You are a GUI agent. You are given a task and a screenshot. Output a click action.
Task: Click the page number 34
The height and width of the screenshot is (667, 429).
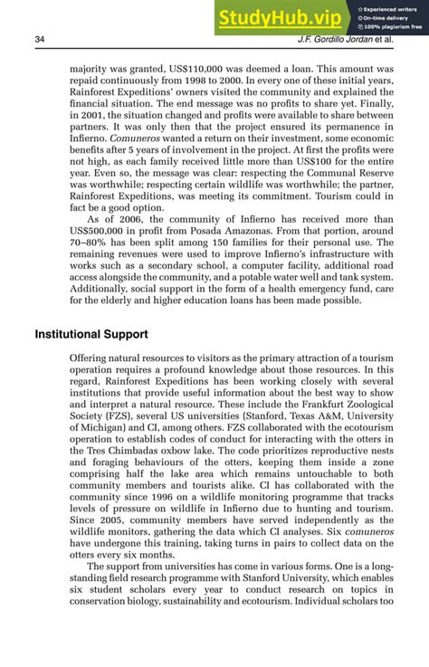(x=40, y=39)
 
